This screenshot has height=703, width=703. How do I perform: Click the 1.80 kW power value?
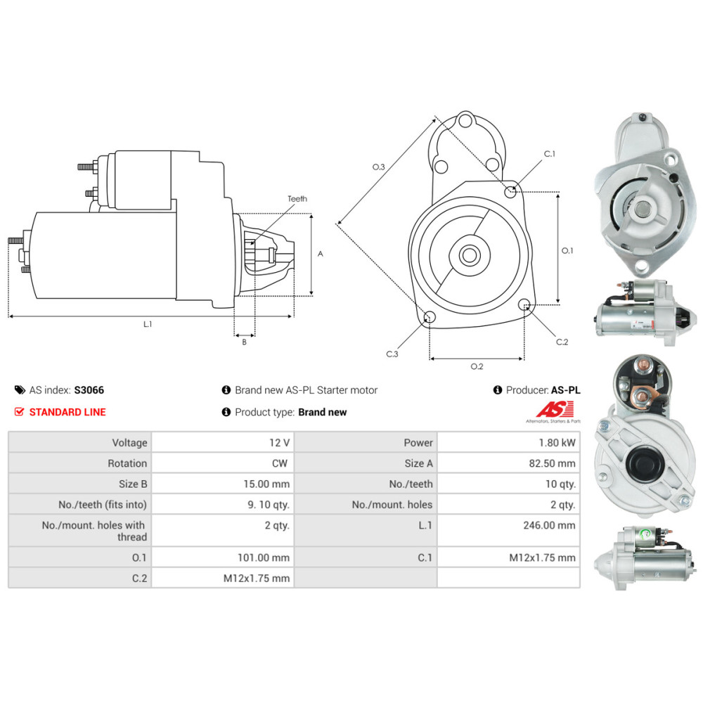pos(559,443)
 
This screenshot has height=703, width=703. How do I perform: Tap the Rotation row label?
pos(127,463)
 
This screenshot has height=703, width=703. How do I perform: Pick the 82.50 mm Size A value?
pos(556,463)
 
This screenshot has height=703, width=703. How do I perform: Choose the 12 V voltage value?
pos(279,443)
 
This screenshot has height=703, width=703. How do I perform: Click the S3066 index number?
pos(89,390)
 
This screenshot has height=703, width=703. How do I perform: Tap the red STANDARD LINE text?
pos(67,412)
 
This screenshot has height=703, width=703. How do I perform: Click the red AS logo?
pos(555,409)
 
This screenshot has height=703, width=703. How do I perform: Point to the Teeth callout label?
pos(297,199)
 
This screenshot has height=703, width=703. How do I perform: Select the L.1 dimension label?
pos(148,324)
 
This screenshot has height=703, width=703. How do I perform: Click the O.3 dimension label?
pos(378,167)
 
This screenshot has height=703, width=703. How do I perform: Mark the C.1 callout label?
pos(550,154)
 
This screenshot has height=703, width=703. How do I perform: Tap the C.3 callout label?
pos(392,354)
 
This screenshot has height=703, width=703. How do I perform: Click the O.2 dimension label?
pos(477,366)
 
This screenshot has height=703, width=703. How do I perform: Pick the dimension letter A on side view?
pos(320,254)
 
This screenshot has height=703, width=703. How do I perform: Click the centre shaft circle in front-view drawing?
pos(469,254)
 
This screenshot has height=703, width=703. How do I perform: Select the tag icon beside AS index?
pos(19,390)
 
